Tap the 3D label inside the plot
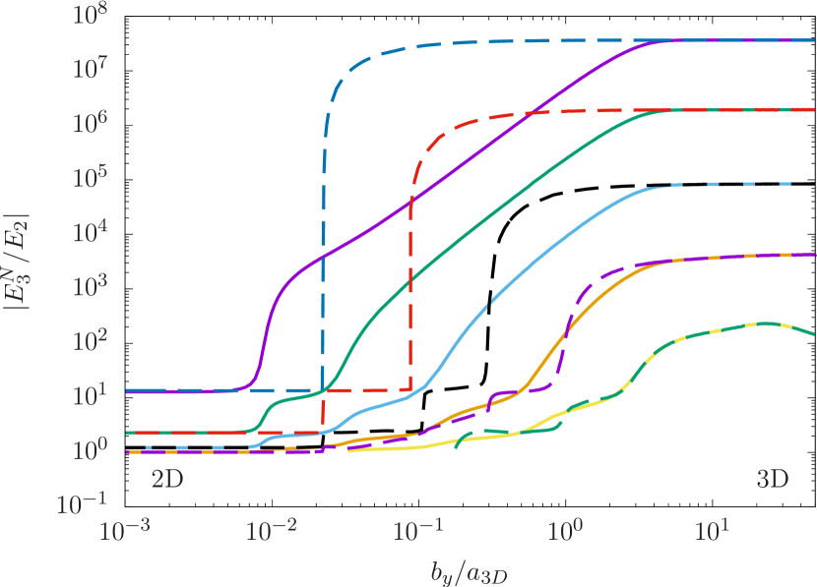click(x=773, y=481)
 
